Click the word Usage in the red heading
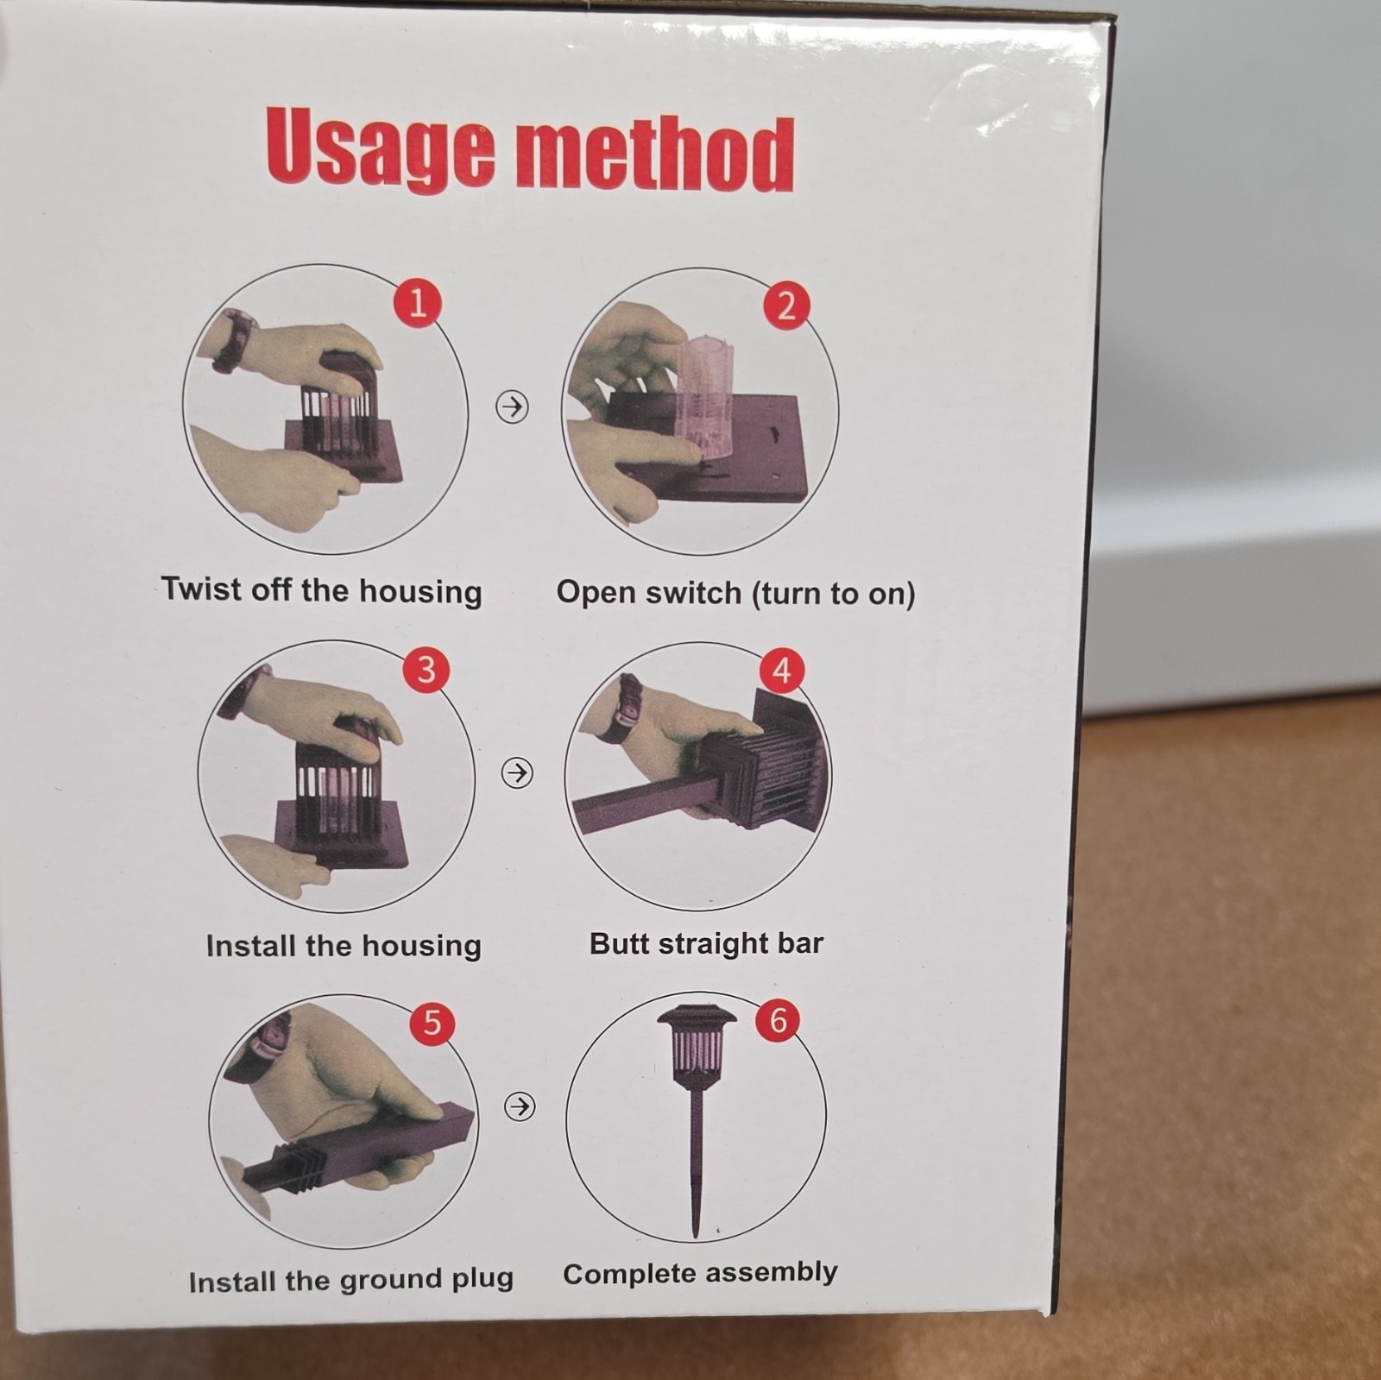coord(381,148)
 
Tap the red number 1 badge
coord(418,303)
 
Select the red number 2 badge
coord(785,306)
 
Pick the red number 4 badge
coord(782,670)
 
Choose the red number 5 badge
coord(432,1023)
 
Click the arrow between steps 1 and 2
coord(512,406)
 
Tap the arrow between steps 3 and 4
coord(517,772)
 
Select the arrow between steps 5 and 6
coord(519,1106)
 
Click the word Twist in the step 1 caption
coord(201,589)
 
